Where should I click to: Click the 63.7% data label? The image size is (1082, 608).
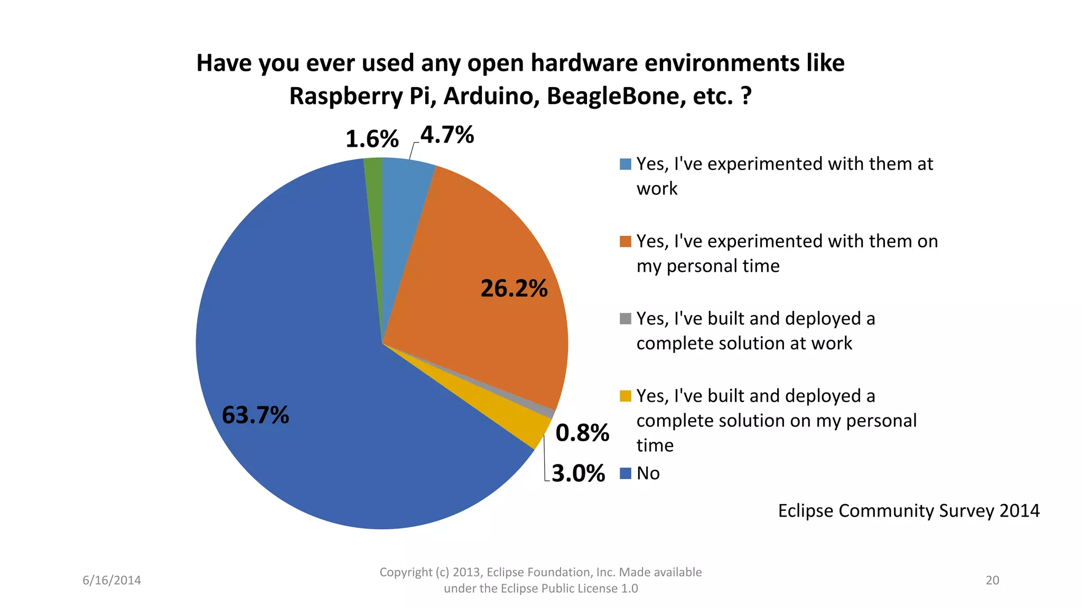click(x=255, y=415)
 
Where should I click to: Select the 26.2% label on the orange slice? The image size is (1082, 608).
click(x=514, y=288)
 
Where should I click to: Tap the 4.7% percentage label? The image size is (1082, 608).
click(x=447, y=135)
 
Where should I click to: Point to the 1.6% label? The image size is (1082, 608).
click(x=371, y=139)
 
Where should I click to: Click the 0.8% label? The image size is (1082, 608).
click(x=582, y=433)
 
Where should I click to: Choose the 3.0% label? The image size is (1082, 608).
click(x=578, y=473)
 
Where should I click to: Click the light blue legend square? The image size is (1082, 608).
click(x=625, y=164)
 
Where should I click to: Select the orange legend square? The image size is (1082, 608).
click(x=625, y=241)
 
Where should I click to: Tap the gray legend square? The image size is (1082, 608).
click(x=625, y=319)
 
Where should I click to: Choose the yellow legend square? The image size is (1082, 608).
click(x=625, y=396)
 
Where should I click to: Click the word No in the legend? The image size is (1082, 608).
click(x=648, y=473)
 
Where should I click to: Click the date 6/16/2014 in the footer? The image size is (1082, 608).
click(x=111, y=580)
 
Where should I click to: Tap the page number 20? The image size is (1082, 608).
click(x=992, y=580)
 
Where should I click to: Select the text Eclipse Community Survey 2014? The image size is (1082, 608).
click(x=908, y=511)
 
